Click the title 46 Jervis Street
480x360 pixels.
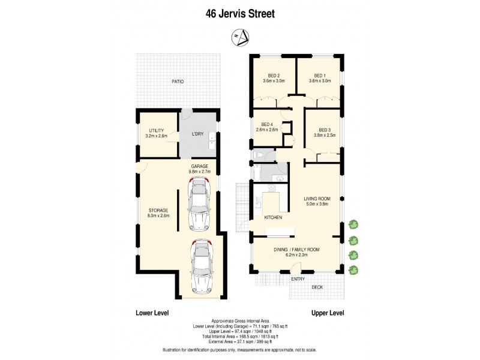[x=239, y=13]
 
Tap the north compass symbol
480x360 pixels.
[x=239, y=38]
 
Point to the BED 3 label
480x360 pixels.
[x=325, y=130]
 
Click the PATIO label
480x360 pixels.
[x=178, y=82]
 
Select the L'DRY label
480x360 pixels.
[x=198, y=134]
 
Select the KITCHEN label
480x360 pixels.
[x=273, y=217]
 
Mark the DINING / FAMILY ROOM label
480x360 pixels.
[x=296, y=249]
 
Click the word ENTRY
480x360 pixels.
[x=298, y=279]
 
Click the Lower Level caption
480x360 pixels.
[x=152, y=313]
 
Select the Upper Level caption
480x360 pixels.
[x=327, y=313]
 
